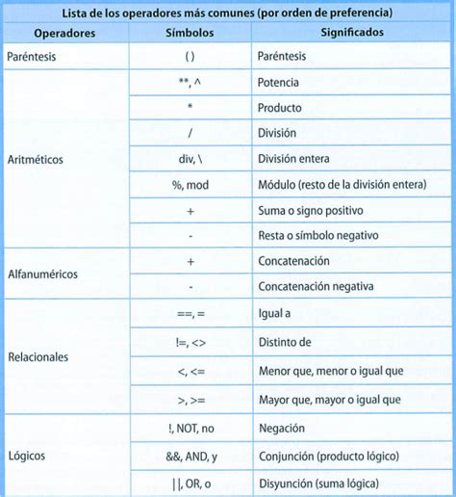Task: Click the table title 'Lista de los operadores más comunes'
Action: point(228,13)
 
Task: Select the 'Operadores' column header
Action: point(63,33)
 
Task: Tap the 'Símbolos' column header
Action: point(190,33)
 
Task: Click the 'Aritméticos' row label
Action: point(36,159)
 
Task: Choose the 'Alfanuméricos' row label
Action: point(42,274)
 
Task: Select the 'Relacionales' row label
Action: point(38,356)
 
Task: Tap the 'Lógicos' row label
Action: point(27,454)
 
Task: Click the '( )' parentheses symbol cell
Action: point(190,58)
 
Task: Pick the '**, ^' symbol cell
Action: point(190,84)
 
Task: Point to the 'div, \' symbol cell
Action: point(190,159)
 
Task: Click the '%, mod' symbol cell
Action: point(190,184)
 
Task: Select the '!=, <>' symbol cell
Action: point(190,341)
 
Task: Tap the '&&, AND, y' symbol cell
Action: point(190,457)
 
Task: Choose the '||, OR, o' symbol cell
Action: point(190,483)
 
